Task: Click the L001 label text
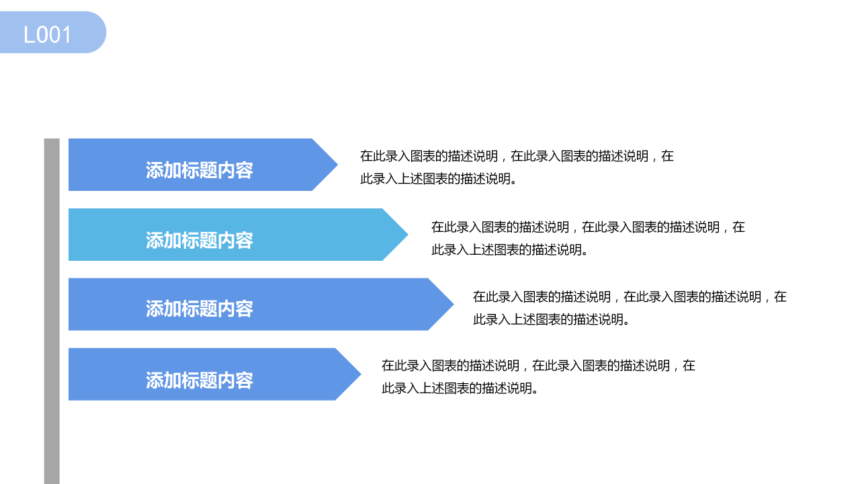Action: coord(47,34)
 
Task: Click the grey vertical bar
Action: coord(52,309)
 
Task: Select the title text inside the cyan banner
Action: coord(200,240)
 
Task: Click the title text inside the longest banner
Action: coord(200,309)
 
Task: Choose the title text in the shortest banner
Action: coord(200,170)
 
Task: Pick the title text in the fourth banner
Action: coord(200,380)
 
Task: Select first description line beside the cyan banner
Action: coord(588,227)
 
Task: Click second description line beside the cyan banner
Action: coord(510,250)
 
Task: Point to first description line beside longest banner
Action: coord(630,296)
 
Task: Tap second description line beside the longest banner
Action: coord(552,319)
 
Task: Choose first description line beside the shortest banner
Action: coord(517,157)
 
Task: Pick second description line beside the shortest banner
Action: coord(439,179)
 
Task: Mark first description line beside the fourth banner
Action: coord(538,366)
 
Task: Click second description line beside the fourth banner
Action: coord(460,389)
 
